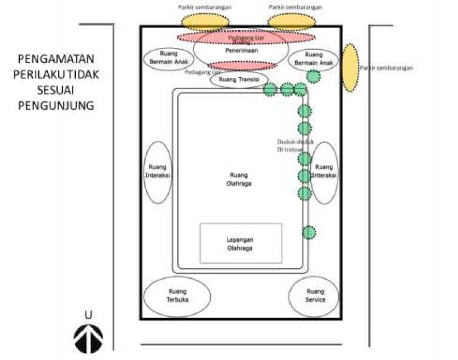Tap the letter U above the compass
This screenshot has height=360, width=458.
[88, 314]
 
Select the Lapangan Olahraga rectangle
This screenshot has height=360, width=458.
[240, 243]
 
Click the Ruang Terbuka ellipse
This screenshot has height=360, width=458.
[177, 297]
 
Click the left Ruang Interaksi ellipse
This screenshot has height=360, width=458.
[159, 173]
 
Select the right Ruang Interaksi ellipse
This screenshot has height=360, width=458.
[324, 173]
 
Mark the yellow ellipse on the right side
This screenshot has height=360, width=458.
[350, 68]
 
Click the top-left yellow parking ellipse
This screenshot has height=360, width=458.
[205, 22]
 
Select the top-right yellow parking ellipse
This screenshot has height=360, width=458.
[292, 22]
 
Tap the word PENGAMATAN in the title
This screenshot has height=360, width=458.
[56, 59]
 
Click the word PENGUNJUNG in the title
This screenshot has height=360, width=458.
[56, 105]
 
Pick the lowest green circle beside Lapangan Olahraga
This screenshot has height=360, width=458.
[309, 232]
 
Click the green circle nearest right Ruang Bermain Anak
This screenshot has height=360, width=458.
[313, 76]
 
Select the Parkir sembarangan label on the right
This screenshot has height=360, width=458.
[387, 68]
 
